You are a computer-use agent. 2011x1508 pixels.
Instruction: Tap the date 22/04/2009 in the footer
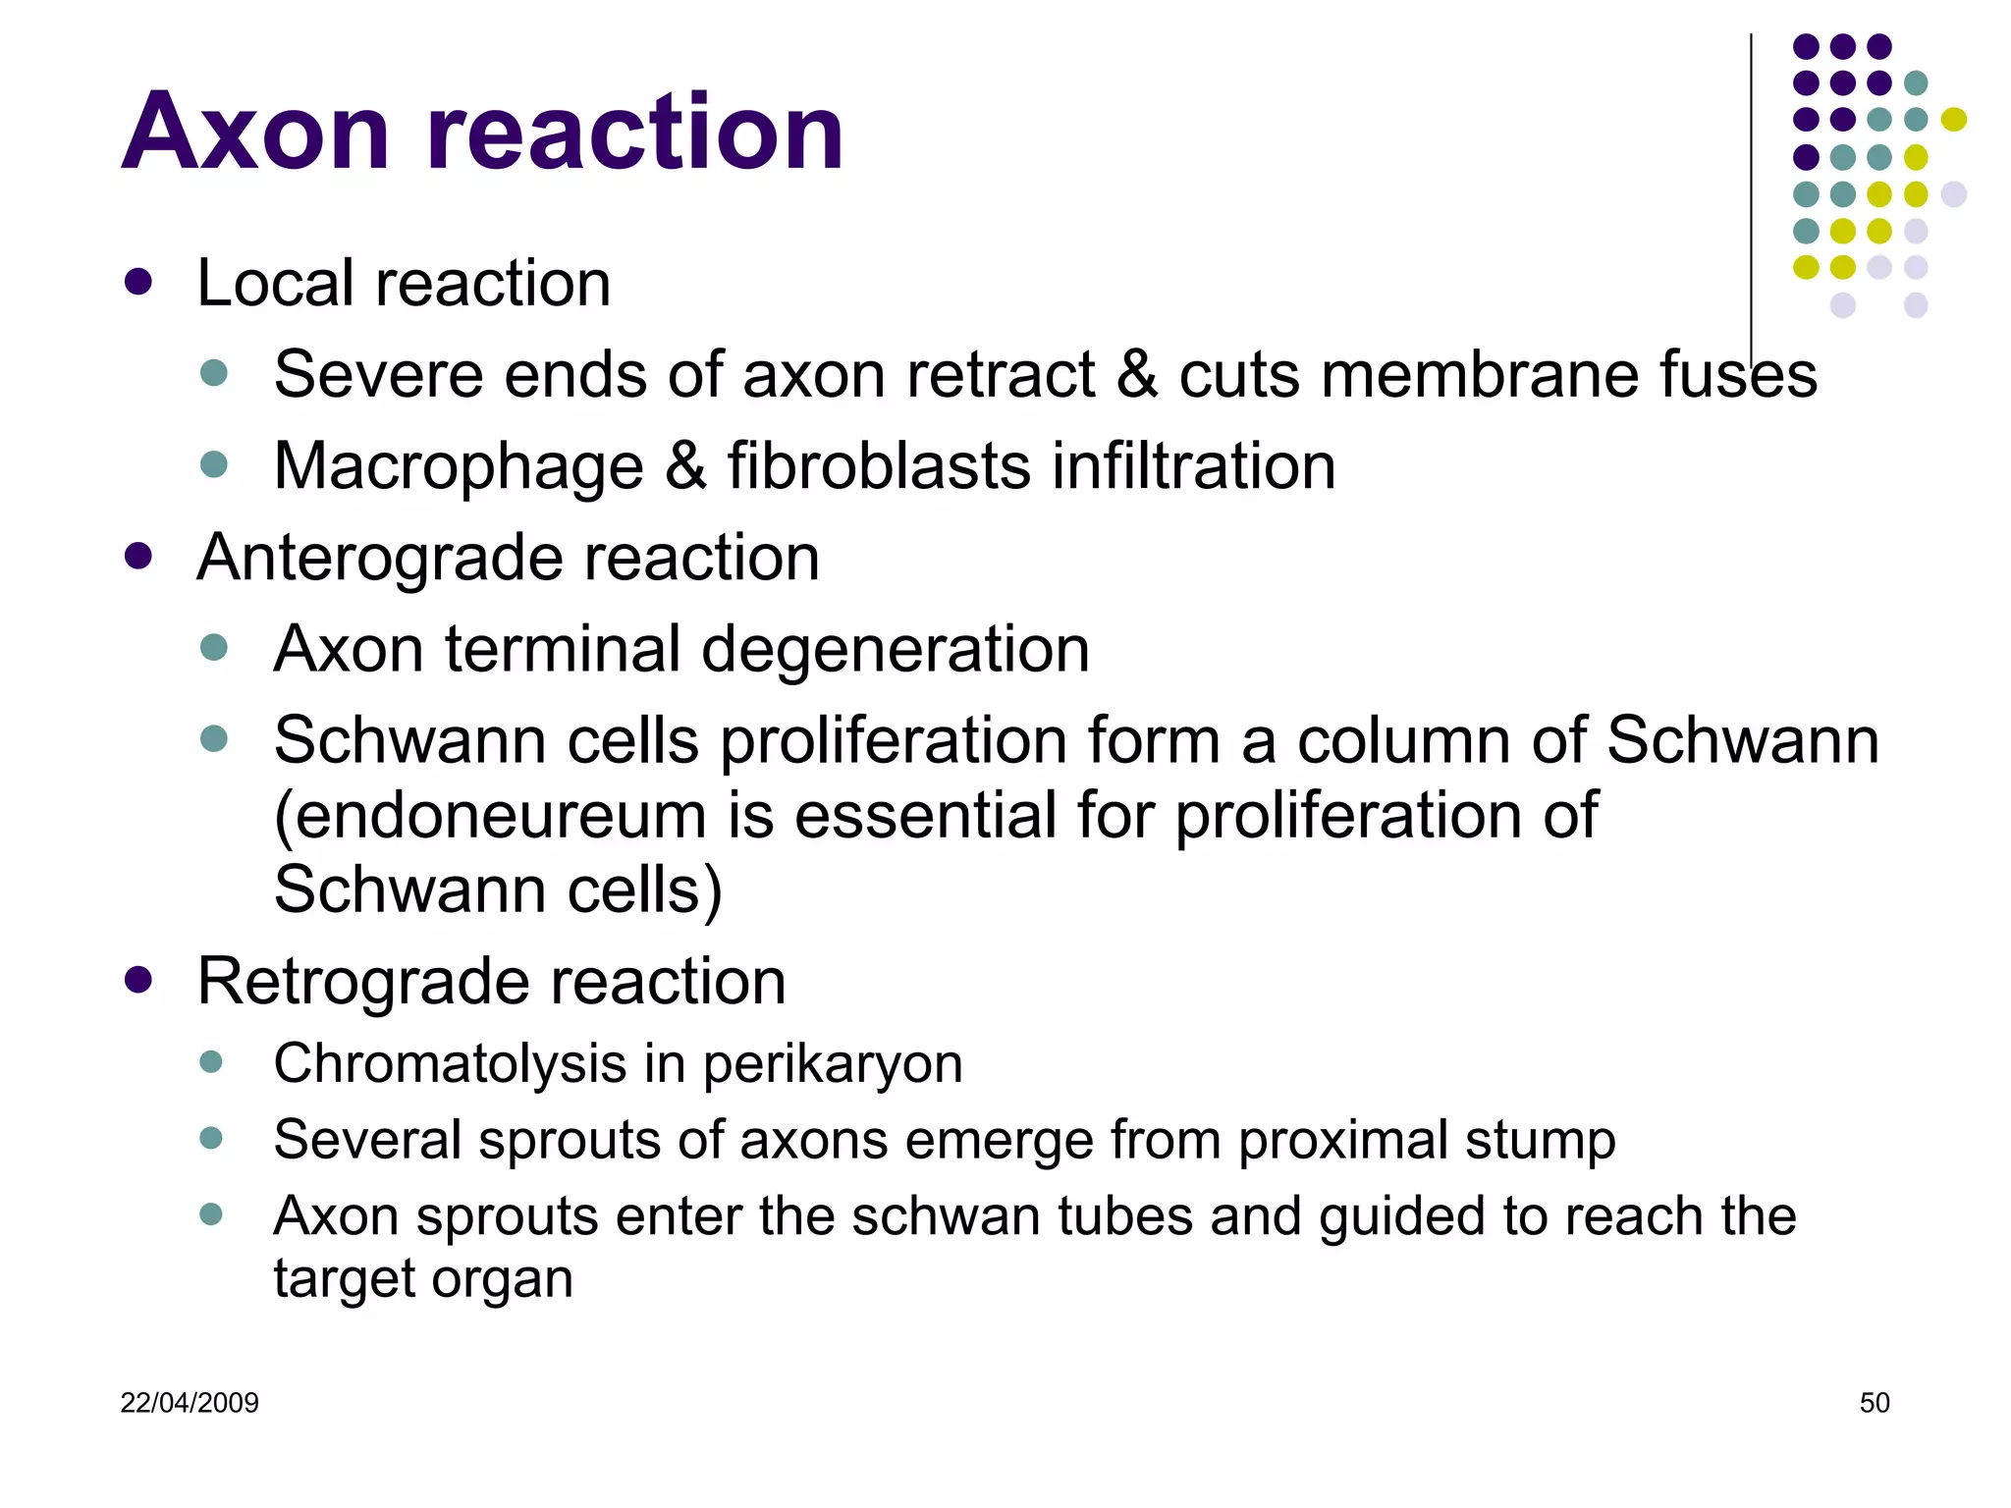pyautogui.click(x=190, y=1402)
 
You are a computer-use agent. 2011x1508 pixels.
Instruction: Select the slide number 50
pyautogui.click(x=1874, y=1402)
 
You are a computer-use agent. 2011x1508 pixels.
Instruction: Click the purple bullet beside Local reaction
pyautogui.click(x=138, y=283)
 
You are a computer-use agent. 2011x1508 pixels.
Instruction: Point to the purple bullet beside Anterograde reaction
pyautogui.click(x=138, y=557)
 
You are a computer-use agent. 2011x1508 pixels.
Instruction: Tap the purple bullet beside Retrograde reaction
pyautogui.click(x=138, y=980)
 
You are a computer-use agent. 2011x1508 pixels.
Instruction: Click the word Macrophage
pyautogui.click(x=459, y=465)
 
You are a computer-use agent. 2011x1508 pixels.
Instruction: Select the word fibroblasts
pyautogui.click(x=879, y=465)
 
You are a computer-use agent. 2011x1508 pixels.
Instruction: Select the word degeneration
pyautogui.click(x=896, y=650)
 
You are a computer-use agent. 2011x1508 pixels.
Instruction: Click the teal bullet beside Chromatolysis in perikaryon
pyautogui.click(x=211, y=1061)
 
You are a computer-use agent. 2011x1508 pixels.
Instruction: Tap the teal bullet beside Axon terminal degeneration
pyautogui.click(x=213, y=647)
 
